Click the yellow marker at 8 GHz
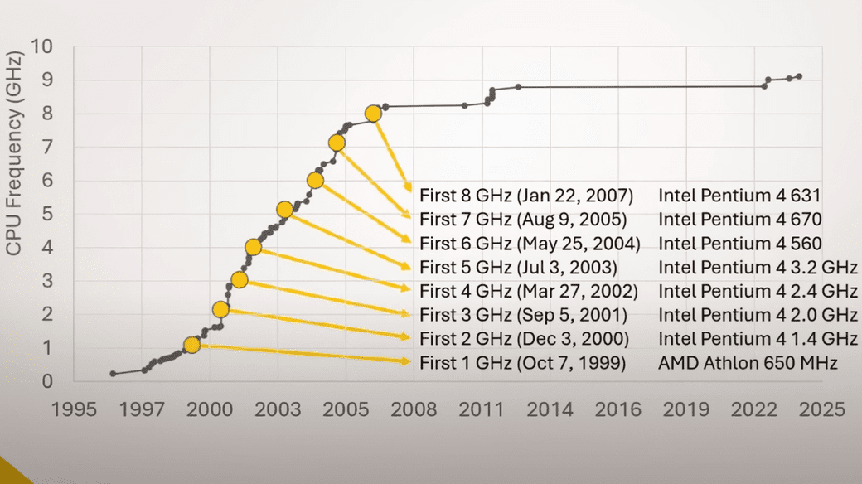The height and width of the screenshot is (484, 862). (x=373, y=114)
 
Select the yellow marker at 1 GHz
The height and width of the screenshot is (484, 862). (x=191, y=345)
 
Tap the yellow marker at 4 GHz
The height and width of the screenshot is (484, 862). (x=254, y=247)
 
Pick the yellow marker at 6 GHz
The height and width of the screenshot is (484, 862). (x=315, y=180)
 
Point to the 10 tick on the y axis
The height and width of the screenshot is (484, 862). (x=42, y=46)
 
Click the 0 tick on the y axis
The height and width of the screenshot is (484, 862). (x=47, y=381)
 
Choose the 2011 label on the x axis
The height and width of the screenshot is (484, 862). (x=482, y=409)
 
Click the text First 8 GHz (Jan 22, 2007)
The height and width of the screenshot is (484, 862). (x=526, y=196)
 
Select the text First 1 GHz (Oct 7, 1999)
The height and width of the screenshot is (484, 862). (x=522, y=363)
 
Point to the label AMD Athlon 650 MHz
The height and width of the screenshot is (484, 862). (x=748, y=363)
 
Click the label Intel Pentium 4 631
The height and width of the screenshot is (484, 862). (x=739, y=196)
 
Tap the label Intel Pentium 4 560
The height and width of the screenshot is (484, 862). (x=740, y=244)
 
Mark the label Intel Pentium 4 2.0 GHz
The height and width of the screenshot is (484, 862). (x=758, y=315)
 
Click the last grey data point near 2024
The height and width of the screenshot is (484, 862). (x=799, y=76)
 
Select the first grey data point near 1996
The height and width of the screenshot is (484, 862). (x=113, y=374)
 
